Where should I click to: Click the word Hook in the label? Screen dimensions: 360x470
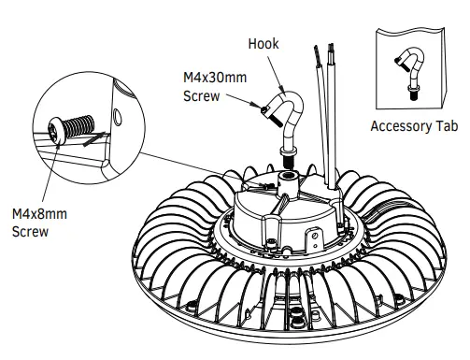click(263, 43)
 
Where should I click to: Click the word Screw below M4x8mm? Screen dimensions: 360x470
click(30, 231)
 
